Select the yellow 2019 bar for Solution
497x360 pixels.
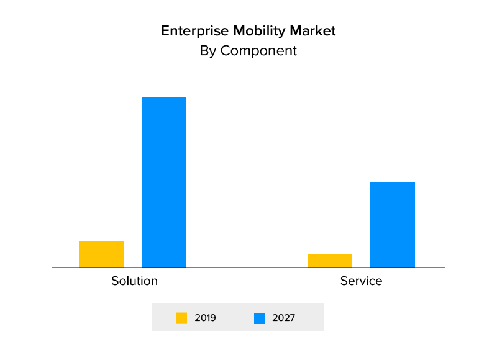[x=101, y=254]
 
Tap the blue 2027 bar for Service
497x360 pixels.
[x=393, y=224]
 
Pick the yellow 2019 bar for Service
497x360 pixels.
[x=330, y=261]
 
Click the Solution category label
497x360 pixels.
[x=135, y=281]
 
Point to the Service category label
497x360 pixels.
[x=361, y=281]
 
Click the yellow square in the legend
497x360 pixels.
[x=181, y=318]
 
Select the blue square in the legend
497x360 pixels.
[x=260, y=318]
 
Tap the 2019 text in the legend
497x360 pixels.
[x=205, y=318]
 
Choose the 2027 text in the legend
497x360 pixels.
[x=283, y=318]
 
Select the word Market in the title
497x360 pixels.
[x=315, y=31]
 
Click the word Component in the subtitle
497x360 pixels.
[x=258, y=51]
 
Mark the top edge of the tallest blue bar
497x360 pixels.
[x=164, y=97]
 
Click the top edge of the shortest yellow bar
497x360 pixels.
[x=330, y=254]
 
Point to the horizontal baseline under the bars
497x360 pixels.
[x=248, y=268]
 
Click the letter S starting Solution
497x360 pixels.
[x=115, y=281]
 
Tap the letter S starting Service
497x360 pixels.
[x=344, y=281]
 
